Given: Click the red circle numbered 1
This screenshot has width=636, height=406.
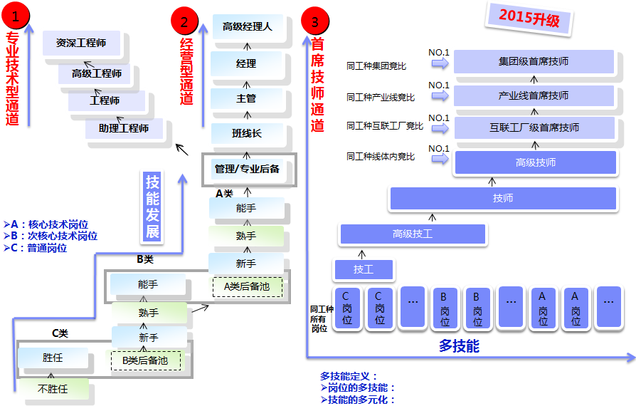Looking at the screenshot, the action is pyautogui.click(x=16, y=16).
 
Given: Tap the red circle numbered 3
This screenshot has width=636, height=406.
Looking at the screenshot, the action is pyautogui.click(x=315, y=21).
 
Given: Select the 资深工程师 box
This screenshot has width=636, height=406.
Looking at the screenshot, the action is pyautogui.click(x=82, y=43).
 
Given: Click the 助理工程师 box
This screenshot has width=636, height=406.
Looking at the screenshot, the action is pyautogui.click(x=124, y=128).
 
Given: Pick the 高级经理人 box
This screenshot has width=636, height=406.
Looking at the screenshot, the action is pyautogui.click(x=248, y=27).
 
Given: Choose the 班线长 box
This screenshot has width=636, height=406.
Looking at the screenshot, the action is pyautogui.click(x=247, y=133).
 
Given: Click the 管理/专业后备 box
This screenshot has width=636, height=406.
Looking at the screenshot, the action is pyautogui.click(x=249, y=170).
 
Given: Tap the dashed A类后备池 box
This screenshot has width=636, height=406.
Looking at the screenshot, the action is pyautogui.click(x=248, y=287).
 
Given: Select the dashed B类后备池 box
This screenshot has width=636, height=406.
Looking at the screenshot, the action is pyautogui.click(x=146, y=360).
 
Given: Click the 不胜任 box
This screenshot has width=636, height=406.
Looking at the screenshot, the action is pyautogui.click(x=53, y=389).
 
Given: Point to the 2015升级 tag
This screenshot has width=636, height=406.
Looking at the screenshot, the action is pyautogui.click(x=529, y=19).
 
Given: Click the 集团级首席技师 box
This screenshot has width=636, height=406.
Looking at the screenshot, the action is pyautogui.click(x=534, y=61).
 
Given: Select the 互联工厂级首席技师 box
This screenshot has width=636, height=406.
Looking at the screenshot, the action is pyautogui.click(x=534, y=128).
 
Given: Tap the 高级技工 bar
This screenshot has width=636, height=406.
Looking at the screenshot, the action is pyautogui.click(x=413, y=234).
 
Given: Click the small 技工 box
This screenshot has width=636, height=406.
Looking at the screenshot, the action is pyautogui.click(x=364, y=269).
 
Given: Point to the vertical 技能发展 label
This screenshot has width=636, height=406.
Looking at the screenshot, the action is pyautogui.click(x=152, y=207).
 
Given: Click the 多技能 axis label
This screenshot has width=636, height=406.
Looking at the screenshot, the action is pyautogui.click(x=459, y=346).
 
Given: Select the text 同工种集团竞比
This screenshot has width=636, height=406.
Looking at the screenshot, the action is pyautogui.click(x=376, y=66).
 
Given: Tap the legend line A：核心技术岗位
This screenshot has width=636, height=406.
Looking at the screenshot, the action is pyautogui.click(x=46, y=224).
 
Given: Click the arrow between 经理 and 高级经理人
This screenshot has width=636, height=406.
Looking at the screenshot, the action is pyautogui.click(x=247, y=47).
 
